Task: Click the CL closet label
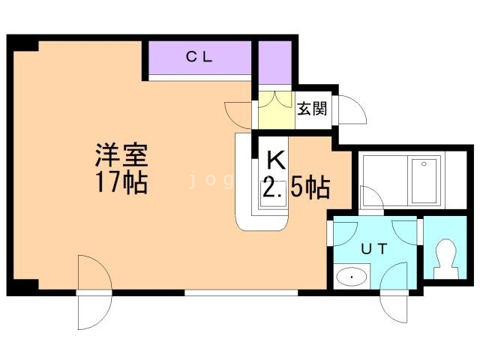(x=199, y=56)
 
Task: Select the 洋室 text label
(x=120, y=157)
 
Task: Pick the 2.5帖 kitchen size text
(x=295, y=187)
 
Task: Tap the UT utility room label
(x=373, y=250)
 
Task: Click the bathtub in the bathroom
(x=424, y=181)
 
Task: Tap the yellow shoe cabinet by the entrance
(x=274, y=110)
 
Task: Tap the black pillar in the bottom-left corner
(x=23, y=286)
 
